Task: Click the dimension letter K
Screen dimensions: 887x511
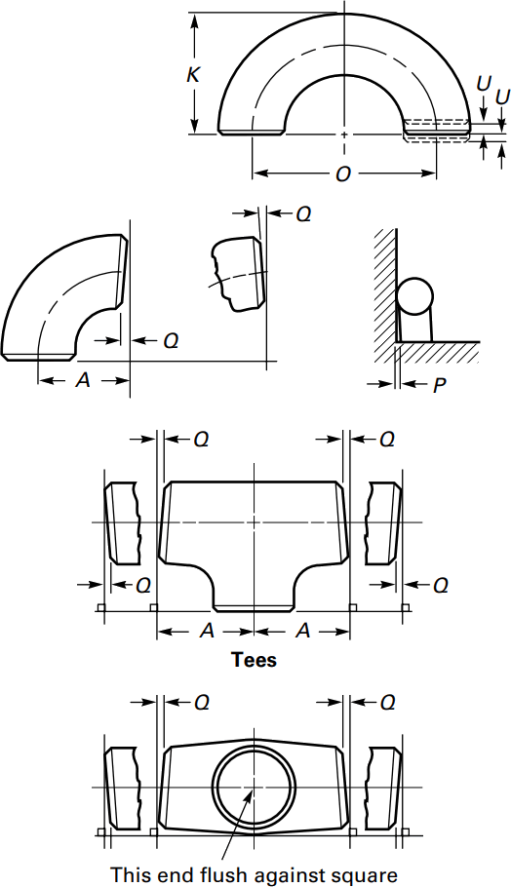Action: tap(193, 73)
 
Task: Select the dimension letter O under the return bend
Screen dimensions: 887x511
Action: tap(343, 174)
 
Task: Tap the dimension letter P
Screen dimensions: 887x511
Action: tap(439, 385)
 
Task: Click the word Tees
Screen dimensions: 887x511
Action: tap(254, 660)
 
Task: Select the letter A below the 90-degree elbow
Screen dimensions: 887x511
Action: tap(84, 381)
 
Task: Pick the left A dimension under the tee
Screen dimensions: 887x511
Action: tap(207, 632)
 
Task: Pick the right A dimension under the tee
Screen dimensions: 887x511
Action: tap(302, 632)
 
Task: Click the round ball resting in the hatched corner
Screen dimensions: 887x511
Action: tap(413, 295)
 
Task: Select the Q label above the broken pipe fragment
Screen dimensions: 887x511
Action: tap(303, 213)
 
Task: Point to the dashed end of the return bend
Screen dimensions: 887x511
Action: tap(437, 128)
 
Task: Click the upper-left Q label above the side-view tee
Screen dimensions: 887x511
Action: tap(200, 440)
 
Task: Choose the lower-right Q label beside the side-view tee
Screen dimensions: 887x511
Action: tap(440, 585)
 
